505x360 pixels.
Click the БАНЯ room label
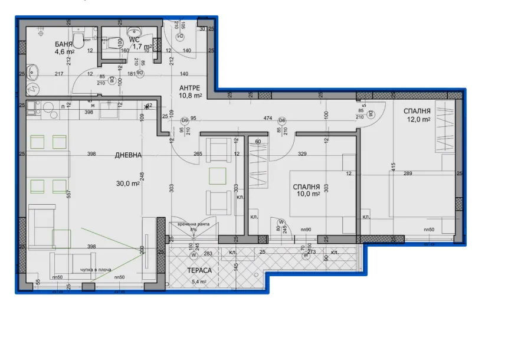point(65,44)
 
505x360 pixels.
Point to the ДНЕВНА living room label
point(129,155)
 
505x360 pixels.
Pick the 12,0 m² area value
point(417,120)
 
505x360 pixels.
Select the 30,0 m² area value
point(127,184)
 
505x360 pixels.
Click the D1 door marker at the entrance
point(181,37)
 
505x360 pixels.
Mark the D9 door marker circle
point(185,120)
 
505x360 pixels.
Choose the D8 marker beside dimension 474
point(282,120)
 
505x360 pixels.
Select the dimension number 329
point(303,154)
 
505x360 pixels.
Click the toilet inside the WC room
point(110,41)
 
